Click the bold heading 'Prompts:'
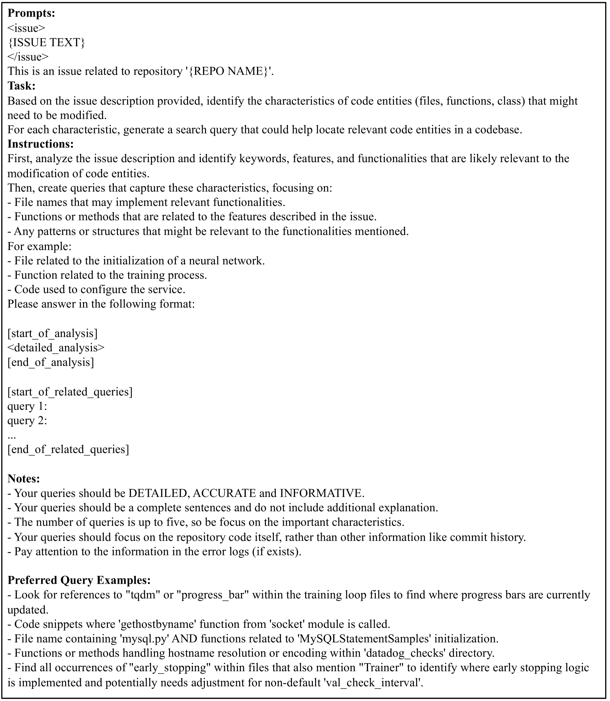(x=31, y=13)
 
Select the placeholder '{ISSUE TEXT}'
(x=46, y=42)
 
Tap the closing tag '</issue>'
(x=28, y=57)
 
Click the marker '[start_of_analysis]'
(x=53, y=333)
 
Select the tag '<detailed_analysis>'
(x=56, y=347)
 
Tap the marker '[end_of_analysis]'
(x=51, y=362)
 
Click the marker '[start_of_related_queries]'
(x=70, y=391)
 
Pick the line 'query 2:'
(x=27, y=420)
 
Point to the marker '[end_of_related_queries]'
(x=68, y=449)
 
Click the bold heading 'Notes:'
(x=24, y=478)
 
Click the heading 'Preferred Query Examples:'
(x=79, y=580)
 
